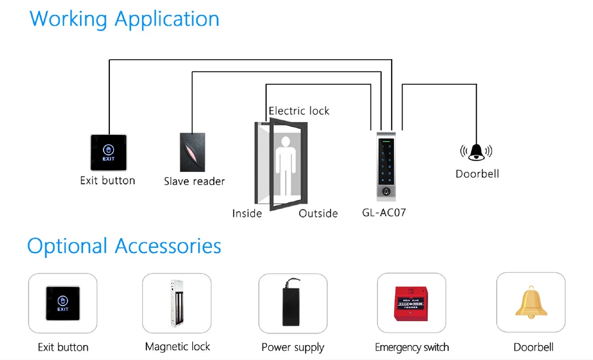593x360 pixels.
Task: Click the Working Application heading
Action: click(x=124, y=19)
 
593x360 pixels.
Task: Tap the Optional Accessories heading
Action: click(x=124, y=246)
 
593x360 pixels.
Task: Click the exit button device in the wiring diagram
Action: click(x=109, y=152)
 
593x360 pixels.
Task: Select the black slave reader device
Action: click(x=192, y=152)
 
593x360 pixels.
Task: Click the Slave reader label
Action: click(x=195, y=181)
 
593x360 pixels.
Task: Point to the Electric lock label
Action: click(x=299, y=111)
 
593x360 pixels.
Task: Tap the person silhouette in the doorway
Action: click(x=285, y=165)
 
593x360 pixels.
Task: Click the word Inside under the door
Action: click(x=247, y=214)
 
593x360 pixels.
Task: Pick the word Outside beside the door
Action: click(x=318, y=214)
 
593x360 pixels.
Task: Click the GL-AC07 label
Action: click(x=384, y=213)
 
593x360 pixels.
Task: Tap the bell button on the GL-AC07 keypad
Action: click(x=386, y=192)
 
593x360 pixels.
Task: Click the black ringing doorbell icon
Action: click(x=476, y=152)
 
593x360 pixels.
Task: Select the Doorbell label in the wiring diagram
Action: click(x=477, y=174)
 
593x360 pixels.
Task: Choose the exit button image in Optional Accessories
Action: click(x=63, y=303)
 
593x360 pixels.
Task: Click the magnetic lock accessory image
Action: click(x=177, y=303)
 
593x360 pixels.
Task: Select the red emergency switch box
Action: click(x=411, y=304)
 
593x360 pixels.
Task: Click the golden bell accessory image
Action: click(x=531, y=303)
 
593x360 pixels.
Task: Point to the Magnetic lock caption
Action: click(x=177, y=347)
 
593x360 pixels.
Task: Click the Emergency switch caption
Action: click(x=412, y=347)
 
